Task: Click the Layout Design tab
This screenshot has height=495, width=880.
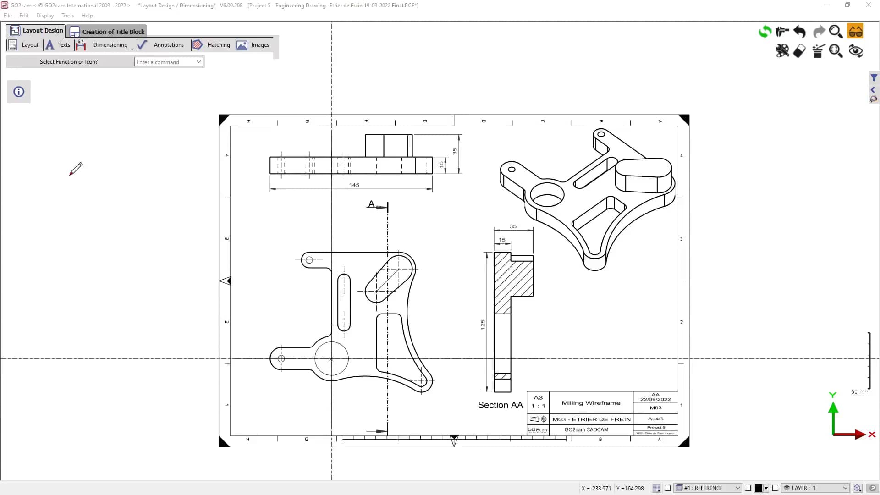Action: tap(37, 31)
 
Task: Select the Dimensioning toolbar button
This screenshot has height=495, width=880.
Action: tap(110, 45)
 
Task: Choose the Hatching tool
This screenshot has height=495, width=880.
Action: tap(218, 45)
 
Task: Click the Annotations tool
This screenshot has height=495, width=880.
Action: tap(168, 45)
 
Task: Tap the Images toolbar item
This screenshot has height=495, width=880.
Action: tap(259, 45)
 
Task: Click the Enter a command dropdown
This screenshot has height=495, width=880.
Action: tap(168, 62)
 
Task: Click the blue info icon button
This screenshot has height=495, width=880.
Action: tap(19, 92)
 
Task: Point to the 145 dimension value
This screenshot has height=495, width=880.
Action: tap(354, 185)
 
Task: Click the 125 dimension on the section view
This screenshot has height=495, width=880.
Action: tap(483, 324)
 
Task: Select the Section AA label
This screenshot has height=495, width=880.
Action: tap(500, 405)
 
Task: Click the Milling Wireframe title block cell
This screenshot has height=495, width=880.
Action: tap(591, 403)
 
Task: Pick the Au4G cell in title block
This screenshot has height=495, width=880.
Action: tap(655, 419)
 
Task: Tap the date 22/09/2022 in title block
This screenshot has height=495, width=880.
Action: tap(655, 399)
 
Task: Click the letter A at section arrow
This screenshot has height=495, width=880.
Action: tap(371, 204)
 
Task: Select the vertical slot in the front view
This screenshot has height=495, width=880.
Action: tap(344, 302)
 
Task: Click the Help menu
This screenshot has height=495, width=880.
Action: tap(87, 16)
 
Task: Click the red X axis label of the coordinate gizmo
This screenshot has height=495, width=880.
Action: tap(872, 434)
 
